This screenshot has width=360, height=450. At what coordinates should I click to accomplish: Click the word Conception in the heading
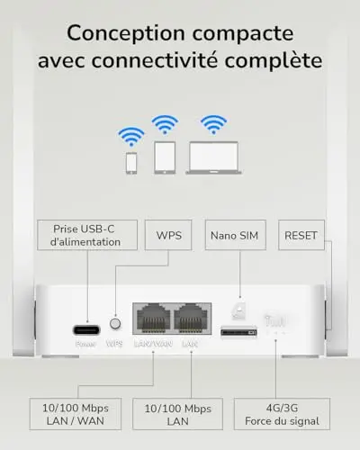[x=126, y=34]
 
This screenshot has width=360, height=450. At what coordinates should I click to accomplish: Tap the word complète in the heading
[x=274, y=61]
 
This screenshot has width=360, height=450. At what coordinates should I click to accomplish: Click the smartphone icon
[x=131, y=163]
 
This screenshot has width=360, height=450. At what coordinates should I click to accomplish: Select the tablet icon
[x=165, y=157]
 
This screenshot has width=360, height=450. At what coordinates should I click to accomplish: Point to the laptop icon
[x=213, y=157]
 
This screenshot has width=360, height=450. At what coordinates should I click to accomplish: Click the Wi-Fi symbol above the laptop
[x=213, y=124]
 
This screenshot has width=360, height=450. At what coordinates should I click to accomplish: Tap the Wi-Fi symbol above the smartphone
[x=131, y=137]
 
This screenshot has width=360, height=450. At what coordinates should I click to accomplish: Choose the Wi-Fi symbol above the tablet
[x=165, y=124]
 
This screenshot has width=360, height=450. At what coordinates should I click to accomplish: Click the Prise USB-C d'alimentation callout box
[x=87, y=235]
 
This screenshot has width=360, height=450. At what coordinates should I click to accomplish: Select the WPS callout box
[x=168, y=235]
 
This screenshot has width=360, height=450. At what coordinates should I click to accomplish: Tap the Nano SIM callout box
[x=236, y=235]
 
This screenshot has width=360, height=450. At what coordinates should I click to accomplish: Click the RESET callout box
[x=301, y=235]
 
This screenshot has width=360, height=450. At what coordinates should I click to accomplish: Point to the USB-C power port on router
[x=86, y=330]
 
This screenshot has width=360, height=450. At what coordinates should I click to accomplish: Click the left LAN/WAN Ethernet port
[x=153, y=319]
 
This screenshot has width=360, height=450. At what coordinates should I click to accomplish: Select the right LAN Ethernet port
[x=191, y=319]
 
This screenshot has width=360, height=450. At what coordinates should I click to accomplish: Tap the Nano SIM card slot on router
[x=238, y=332]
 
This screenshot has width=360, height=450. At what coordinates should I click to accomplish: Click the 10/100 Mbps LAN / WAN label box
[x=76, y=414]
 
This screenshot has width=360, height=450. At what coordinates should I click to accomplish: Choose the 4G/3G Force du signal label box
[x=282, y=414]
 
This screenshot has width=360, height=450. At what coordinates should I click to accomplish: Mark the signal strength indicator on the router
[x=275, y=321]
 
